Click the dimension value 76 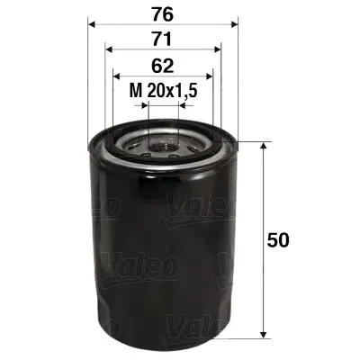(162, 13)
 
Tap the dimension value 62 (162, 65)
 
